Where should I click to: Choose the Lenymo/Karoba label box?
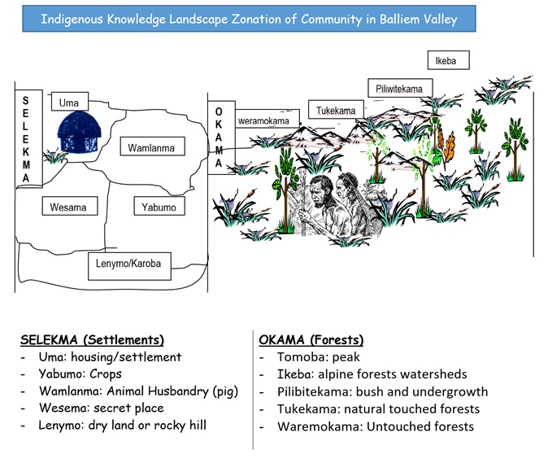[128, 264]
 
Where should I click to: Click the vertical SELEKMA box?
[26, 139]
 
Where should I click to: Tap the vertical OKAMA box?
[218, 137]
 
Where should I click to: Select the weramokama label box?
[263, 121]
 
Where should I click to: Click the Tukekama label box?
[335, 111]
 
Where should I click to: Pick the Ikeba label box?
[446, 60]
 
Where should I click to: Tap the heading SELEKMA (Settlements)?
[92, 339]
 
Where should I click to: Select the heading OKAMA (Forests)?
[311, 339]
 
